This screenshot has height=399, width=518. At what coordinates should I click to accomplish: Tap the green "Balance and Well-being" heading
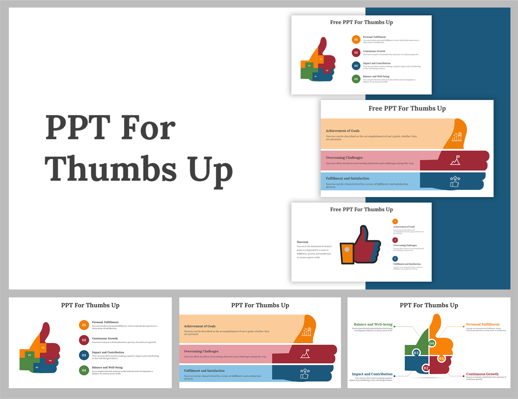373,324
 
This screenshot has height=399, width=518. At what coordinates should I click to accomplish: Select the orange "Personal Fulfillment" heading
483,324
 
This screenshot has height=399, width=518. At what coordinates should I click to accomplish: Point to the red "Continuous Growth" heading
482,374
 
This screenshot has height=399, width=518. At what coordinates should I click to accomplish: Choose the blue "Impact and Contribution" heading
372,374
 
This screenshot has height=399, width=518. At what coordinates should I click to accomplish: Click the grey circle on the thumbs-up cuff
347,249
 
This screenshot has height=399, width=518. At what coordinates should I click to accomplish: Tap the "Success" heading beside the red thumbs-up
303,242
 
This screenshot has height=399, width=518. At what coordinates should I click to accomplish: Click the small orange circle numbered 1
395,221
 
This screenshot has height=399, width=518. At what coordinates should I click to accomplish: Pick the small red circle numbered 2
395,240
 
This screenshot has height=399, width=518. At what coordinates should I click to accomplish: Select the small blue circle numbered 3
395,259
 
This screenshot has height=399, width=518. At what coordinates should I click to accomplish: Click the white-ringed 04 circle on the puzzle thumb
432,343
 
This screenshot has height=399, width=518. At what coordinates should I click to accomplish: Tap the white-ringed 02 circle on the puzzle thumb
426,368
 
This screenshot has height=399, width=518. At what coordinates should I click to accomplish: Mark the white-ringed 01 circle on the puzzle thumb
441,358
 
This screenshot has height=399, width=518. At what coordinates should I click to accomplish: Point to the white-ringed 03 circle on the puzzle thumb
416,353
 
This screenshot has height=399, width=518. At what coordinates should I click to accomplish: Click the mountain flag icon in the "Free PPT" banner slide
455,160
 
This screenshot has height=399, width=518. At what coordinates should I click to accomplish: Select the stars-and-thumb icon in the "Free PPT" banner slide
455,181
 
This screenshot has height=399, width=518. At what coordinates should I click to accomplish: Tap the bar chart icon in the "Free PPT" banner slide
457,137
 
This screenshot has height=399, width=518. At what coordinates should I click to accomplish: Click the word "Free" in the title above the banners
375,109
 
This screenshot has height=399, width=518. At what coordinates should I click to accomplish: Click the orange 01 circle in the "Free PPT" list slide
356,40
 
